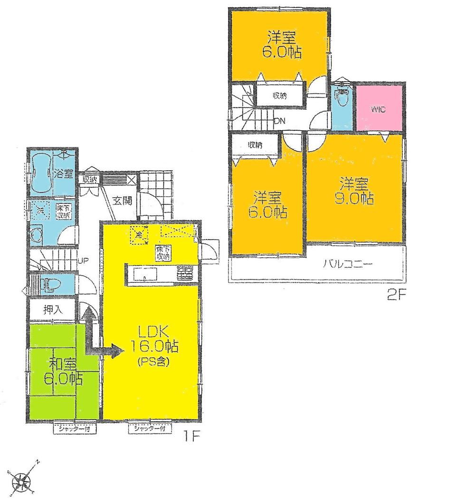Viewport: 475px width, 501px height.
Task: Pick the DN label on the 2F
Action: (x=279, y=121)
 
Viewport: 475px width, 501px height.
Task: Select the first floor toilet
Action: (x=50, y=285)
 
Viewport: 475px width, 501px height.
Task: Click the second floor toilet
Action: (x=341, y=98)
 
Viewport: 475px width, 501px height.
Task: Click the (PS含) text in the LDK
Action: (x=151, y=361)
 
